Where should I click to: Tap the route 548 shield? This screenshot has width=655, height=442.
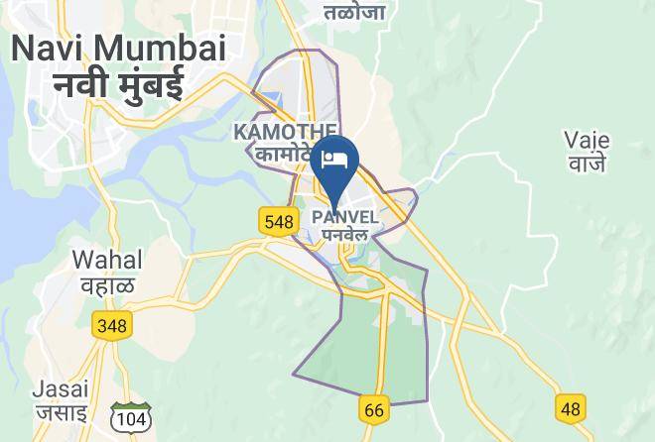[x=279, y=221]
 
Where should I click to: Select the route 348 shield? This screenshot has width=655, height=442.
[x=111, y=324]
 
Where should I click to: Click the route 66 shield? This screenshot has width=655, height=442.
[x=374, y=408]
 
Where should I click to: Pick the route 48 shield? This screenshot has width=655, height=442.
[x=570, y=407]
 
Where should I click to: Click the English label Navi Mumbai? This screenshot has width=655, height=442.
[x=118, y=48]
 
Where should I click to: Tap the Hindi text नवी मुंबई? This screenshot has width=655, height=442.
[x=118, y=85]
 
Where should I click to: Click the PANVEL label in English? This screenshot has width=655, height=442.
[x=343, y=217]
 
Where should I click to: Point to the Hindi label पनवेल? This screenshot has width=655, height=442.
[x=343, y=235]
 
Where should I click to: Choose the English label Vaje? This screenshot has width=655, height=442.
[x=586, y=140]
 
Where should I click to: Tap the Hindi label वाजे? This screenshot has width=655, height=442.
[x=586, y=164]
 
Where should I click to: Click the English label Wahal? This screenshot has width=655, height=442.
[x=107, y=260]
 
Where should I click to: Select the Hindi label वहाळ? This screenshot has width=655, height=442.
[x=107, y=284]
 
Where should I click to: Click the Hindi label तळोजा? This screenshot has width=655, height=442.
[x=355, y=12]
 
